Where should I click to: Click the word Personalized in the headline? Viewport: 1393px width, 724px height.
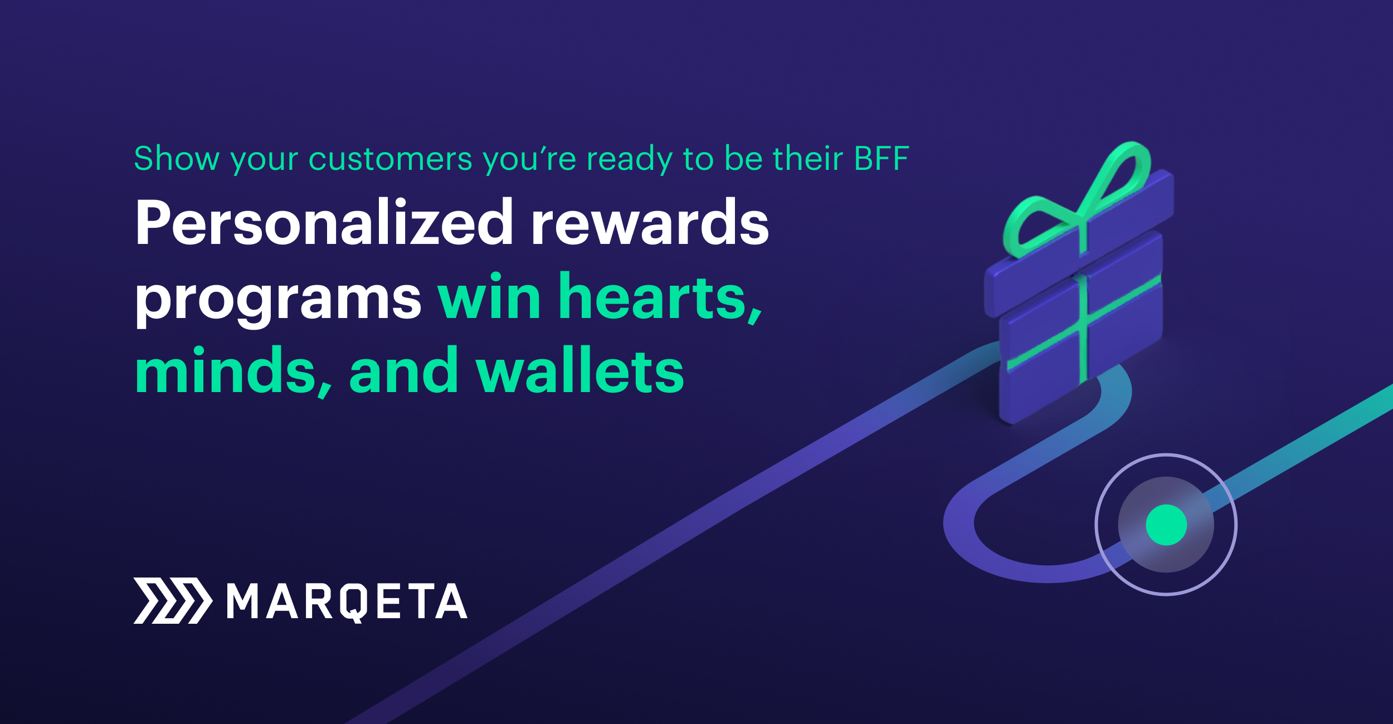click(323, 223)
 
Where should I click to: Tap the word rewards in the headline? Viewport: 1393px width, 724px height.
click(650, 223)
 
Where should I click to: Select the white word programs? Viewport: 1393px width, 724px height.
click(278, 298)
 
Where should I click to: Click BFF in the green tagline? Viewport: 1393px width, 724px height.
click(881, 159)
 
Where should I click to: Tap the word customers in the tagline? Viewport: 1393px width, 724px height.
click(390, 159)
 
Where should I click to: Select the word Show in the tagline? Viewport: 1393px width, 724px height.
click(177, 159)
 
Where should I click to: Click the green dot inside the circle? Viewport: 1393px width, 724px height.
click(1166, 525)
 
